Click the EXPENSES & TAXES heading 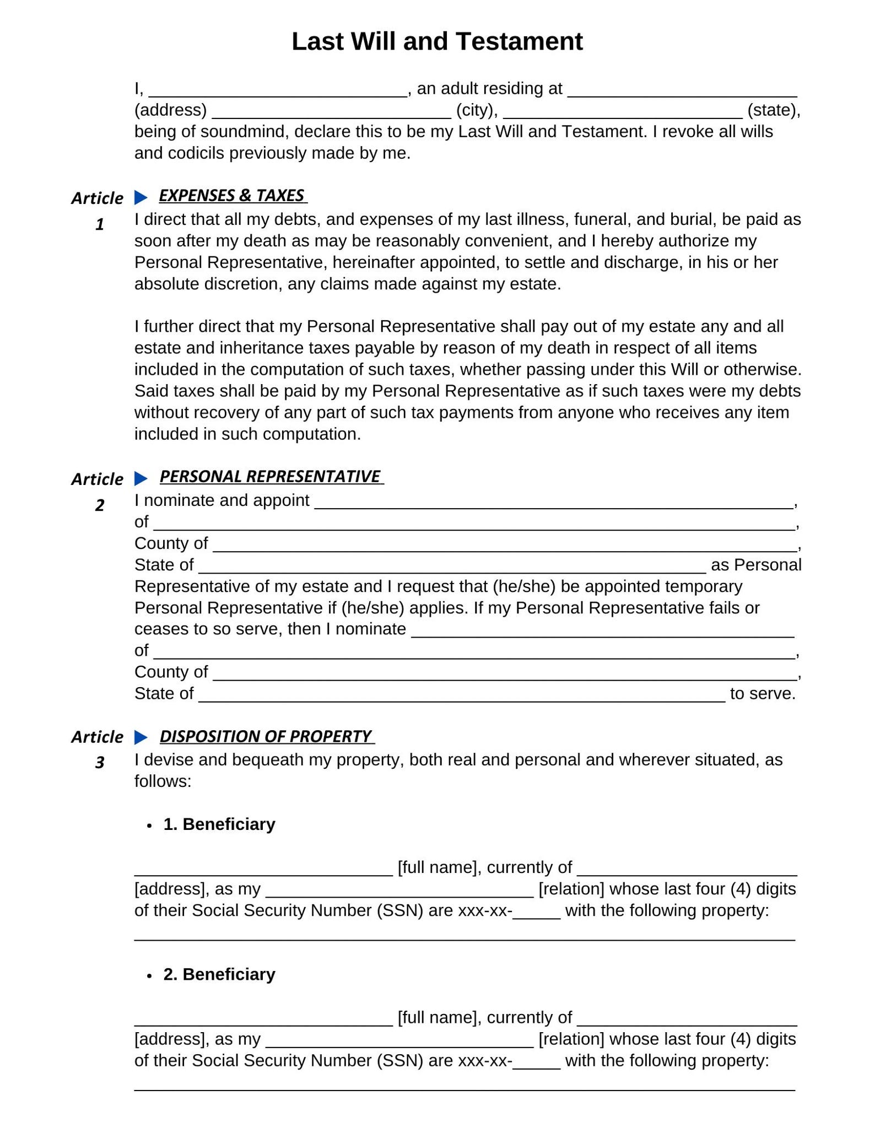[x=231, y=196]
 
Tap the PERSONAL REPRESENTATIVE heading [x=270, y=477]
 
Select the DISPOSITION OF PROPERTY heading [x=266, y=737]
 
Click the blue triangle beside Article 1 [x=141, y=197]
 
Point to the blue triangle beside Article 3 [x=141, y=737]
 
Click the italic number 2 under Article [x=100, y=505]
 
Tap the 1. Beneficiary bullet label [x=219, y=824]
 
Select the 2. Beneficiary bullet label [x=219, y=974]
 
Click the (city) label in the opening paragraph [x=476, y=110]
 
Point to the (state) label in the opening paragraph [x=773, y=110]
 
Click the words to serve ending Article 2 [x=763, y=694]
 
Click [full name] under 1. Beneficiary [x=437, y=868]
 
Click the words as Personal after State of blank [x=756, y=565]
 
